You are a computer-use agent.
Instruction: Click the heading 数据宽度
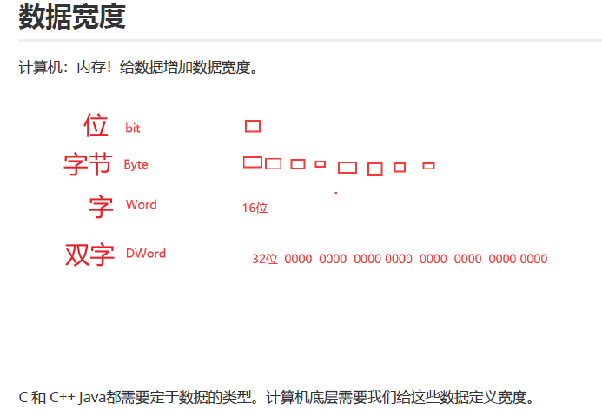point(72,17)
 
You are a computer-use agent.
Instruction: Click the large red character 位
point(96,126)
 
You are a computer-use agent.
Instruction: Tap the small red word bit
point(133,129)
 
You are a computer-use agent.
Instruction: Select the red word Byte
point(136,164)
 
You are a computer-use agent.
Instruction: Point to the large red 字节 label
point(88,164)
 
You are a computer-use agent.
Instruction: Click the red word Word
point(141,204)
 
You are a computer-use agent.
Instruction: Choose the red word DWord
point(145,254)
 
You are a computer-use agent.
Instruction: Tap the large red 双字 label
point(89,255)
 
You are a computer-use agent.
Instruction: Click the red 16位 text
point(255,208)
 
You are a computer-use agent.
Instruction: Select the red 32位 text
point(264,259)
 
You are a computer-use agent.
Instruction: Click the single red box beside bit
point(253,126)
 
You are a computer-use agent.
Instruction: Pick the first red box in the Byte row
point(253,162)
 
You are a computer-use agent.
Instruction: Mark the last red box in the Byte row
point(428,166)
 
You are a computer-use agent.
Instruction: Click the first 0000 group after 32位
point(298,259)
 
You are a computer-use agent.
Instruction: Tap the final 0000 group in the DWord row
point(533,259)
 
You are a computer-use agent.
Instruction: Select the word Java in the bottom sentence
point(92,398)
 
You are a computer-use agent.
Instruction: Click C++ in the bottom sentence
point(61,398)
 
